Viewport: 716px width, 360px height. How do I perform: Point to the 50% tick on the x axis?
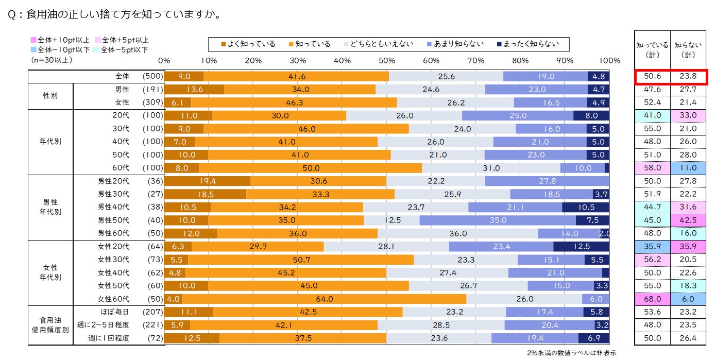click(386, 60)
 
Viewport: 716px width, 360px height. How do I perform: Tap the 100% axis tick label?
click(609, 60)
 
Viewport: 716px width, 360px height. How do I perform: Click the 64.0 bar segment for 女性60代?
click(324, 299)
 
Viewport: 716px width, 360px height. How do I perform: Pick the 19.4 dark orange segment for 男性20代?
click(207, 181)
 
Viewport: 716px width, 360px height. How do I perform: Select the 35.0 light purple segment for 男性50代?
click(497, 220)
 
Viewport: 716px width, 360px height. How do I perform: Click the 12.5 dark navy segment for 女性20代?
click(581, 247)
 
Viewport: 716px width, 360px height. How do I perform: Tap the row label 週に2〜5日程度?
click(103, 325)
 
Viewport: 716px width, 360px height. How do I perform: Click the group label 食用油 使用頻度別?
click(50, 325)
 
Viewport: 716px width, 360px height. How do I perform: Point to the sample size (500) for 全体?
click(152, 76)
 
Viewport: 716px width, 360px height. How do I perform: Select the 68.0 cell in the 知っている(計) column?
click(652, 299)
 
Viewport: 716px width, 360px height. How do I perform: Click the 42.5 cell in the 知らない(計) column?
click(688, 220)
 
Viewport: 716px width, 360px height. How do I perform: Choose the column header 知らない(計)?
click(688, 49)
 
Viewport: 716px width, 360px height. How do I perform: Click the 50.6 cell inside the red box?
click(652, 76)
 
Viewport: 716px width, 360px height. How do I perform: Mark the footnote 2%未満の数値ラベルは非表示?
click(571, 353)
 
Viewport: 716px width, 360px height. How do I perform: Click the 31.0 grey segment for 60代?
click(491, 168)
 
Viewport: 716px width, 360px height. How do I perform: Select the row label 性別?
click(50, 96)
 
